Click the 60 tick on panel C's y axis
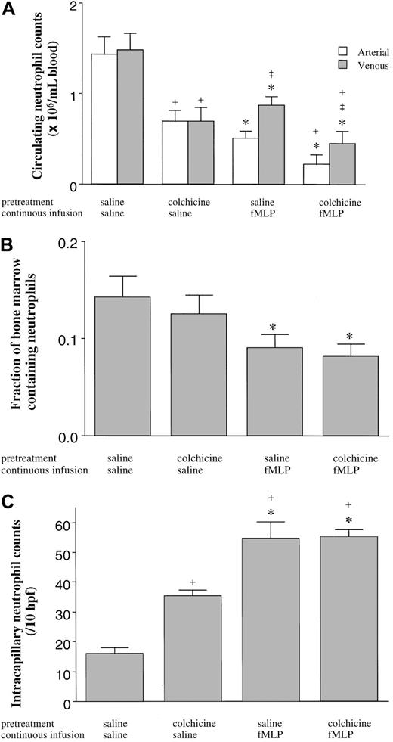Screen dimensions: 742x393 [72, 523]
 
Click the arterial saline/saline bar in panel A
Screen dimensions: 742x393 [104, 120]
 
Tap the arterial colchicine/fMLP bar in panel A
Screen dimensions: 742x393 [316, 174]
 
